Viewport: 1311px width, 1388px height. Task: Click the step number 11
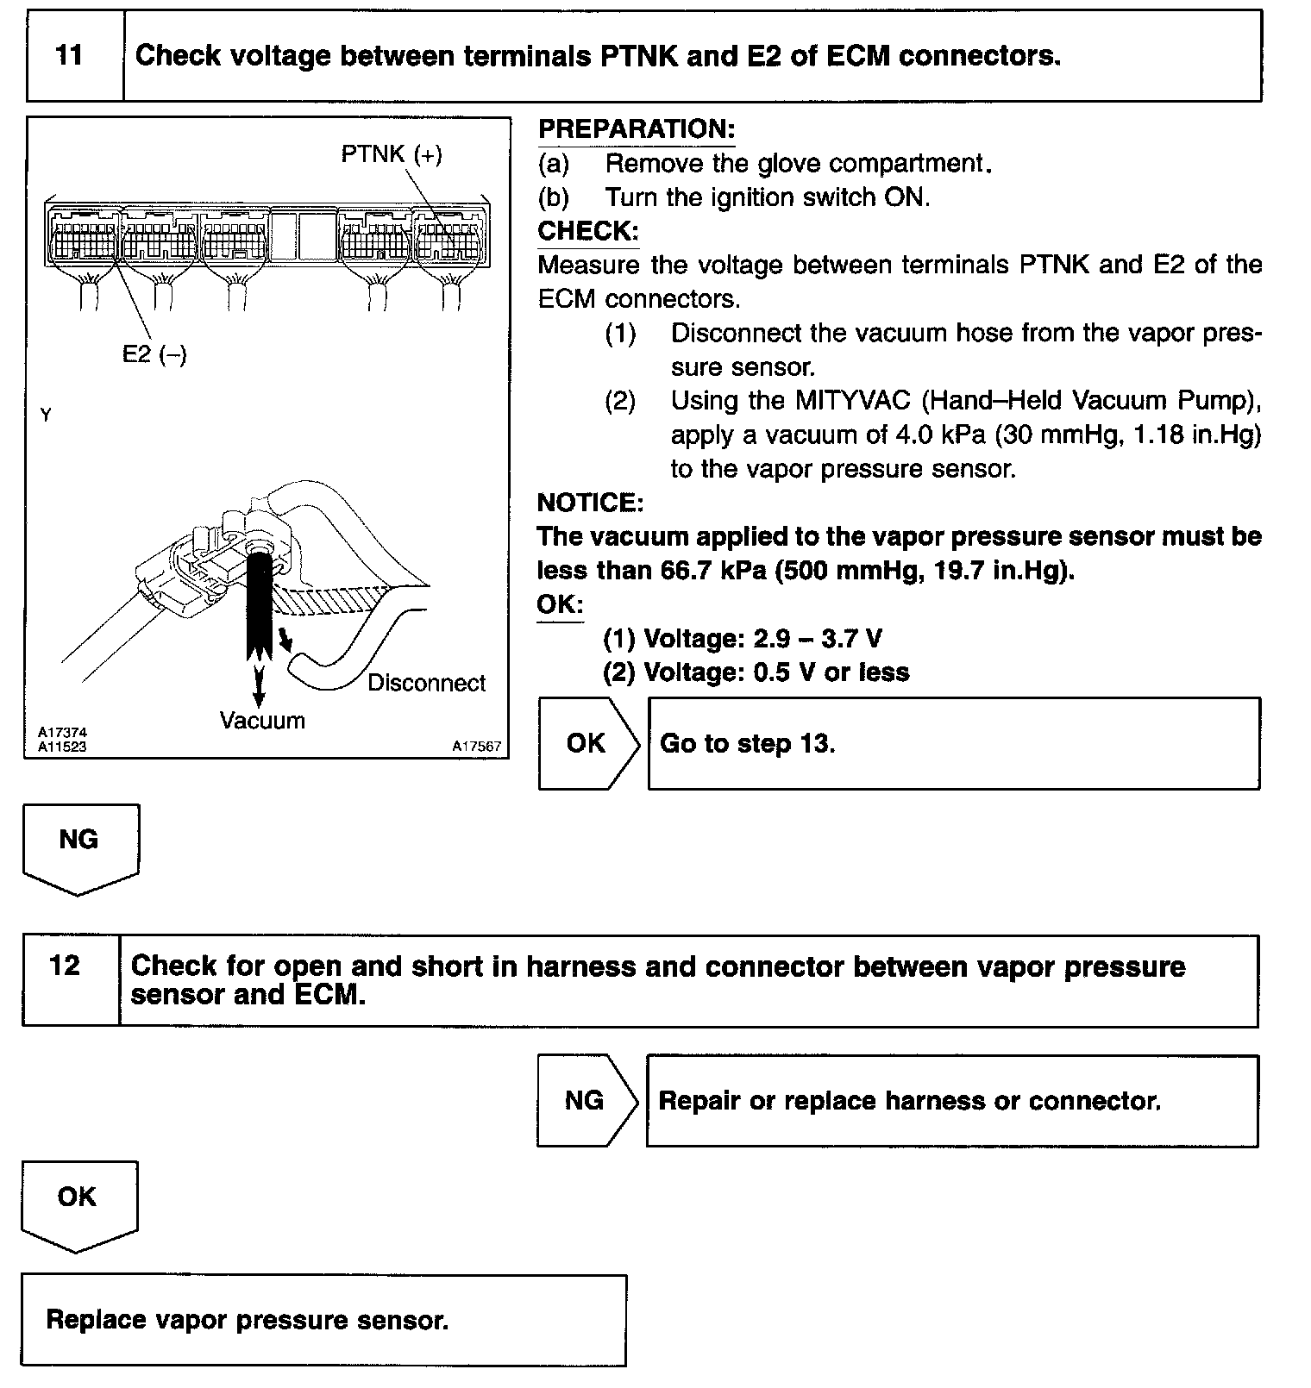coord(69,56)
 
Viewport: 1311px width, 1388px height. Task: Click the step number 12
coord(66,966)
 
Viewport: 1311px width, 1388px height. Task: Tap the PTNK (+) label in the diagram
coord(392,154)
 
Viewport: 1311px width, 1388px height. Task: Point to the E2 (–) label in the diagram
coord(154,353)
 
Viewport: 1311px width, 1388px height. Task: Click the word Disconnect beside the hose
coord(426,684)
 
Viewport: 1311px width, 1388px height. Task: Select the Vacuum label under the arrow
coord(262,721)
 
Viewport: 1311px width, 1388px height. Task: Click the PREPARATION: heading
coord(637,129)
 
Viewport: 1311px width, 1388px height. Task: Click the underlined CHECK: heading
coord(587,231)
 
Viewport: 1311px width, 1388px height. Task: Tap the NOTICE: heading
coord(590,503)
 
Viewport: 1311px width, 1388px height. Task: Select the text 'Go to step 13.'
coord(747,743)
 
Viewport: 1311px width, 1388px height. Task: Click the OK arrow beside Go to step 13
coord(586,743)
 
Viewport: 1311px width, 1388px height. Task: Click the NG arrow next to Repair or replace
coord(585,1100)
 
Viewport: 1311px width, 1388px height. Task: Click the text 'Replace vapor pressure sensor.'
coord(248,1320)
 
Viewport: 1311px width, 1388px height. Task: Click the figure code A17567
coord(476,747)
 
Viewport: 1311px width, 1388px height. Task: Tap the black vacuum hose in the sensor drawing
coord(259,603)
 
